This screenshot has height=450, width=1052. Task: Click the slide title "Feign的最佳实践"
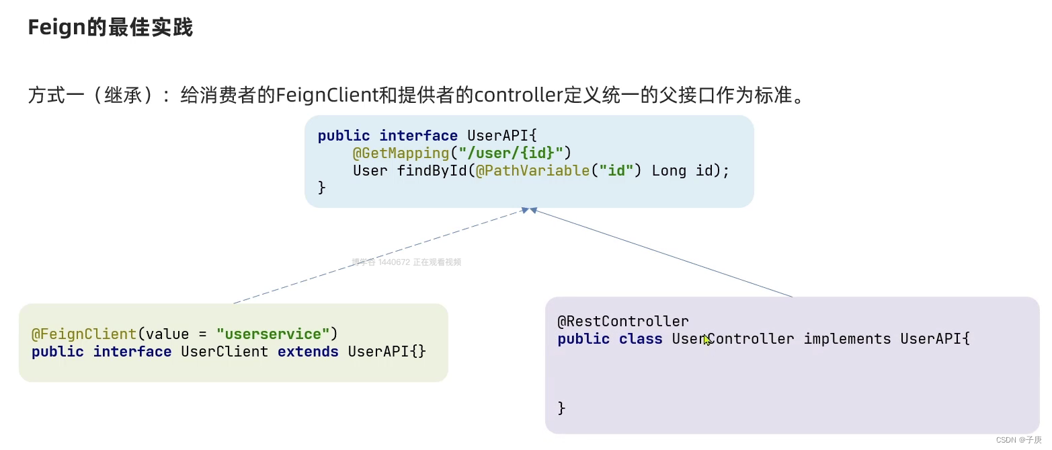point(110,28)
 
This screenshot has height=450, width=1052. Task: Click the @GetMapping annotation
point(401,153)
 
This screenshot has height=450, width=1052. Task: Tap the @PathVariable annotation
point(532,171)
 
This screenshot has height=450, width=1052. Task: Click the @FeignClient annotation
point(84,334)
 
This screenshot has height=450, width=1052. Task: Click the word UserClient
point(225,352)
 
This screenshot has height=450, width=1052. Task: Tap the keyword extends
point(308,352)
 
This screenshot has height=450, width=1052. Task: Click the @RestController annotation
point(623,322)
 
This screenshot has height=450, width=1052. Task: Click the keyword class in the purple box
point(641,339)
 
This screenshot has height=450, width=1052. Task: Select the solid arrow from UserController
point(662,253)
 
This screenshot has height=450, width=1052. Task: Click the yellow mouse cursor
point(706,340)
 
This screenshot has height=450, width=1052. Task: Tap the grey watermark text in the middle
point(406,262)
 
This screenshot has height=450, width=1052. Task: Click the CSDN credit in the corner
point(1018,440)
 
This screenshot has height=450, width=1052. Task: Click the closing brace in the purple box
point(562,408)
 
